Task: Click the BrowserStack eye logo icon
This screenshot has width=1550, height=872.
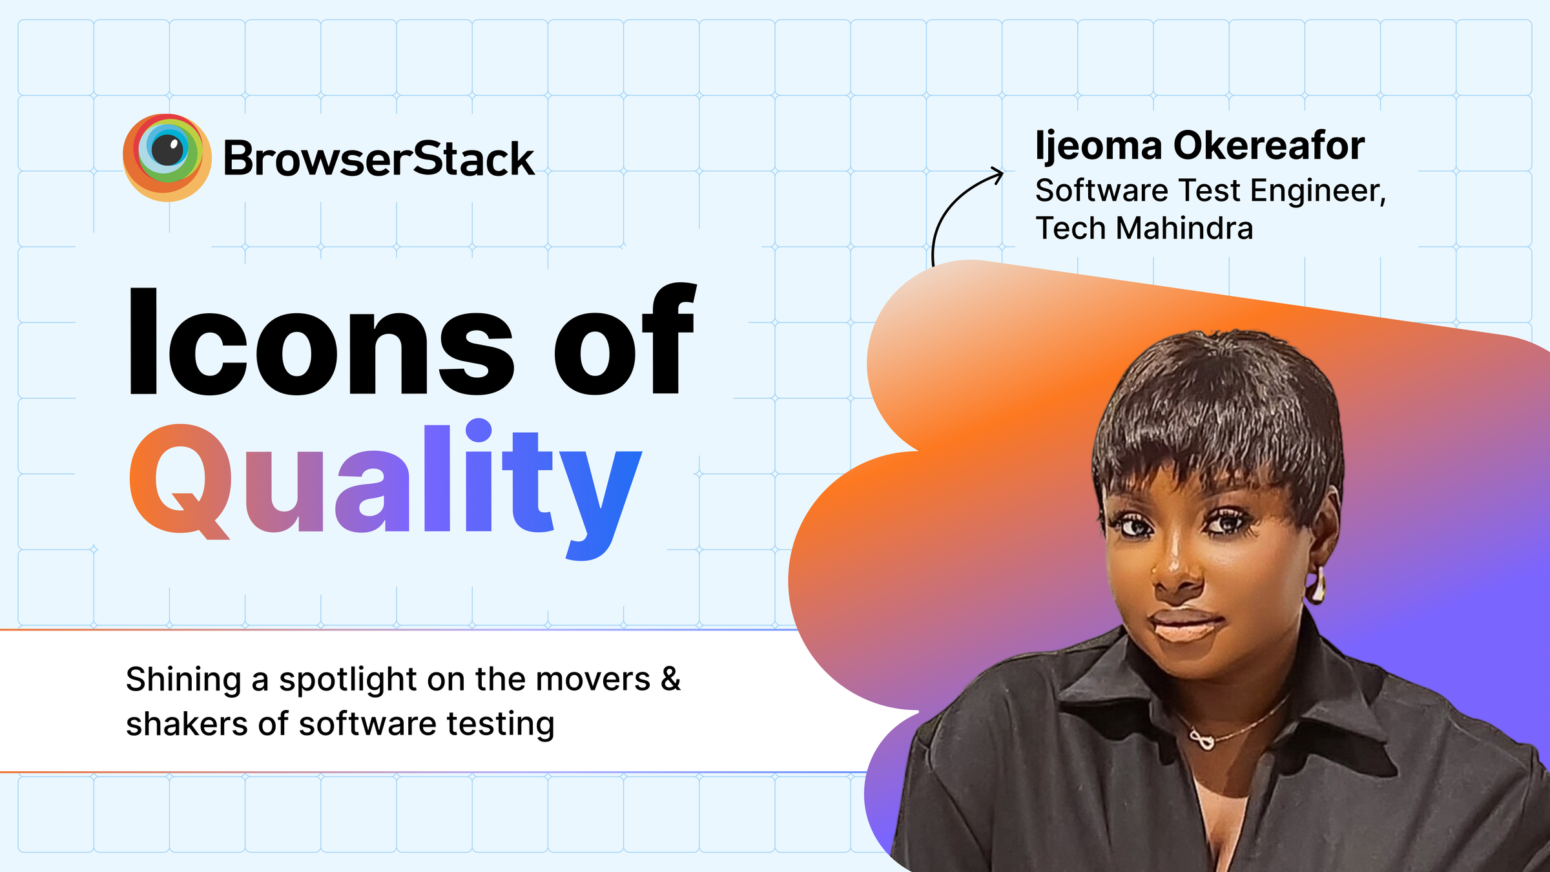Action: [x=167, y=157]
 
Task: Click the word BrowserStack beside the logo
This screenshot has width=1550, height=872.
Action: [x=378, y=159]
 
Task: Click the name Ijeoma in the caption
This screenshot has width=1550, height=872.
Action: [x=1098, y=147]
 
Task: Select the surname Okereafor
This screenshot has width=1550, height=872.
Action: [x=1268, y=145]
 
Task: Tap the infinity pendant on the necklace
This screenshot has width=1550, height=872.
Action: [x=1202, y=739]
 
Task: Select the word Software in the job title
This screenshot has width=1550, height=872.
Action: [x=1101, y=191]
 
